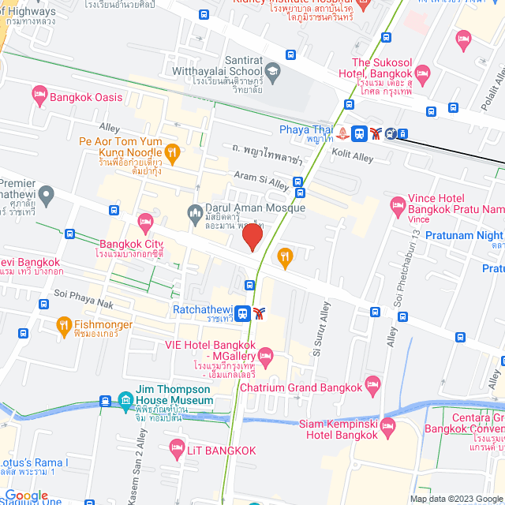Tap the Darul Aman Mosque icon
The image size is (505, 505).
(195, 211)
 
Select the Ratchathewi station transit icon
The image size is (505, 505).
(243, 313)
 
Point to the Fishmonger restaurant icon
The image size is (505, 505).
(64, 324)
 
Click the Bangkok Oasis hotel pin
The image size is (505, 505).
(39, 96)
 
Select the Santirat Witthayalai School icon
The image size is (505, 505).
(273, 71)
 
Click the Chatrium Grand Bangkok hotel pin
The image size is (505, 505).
(372, 387)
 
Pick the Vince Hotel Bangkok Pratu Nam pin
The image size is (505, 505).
(398, 206)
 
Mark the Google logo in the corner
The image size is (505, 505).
(25, 496)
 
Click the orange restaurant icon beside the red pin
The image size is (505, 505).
(285, 256)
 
